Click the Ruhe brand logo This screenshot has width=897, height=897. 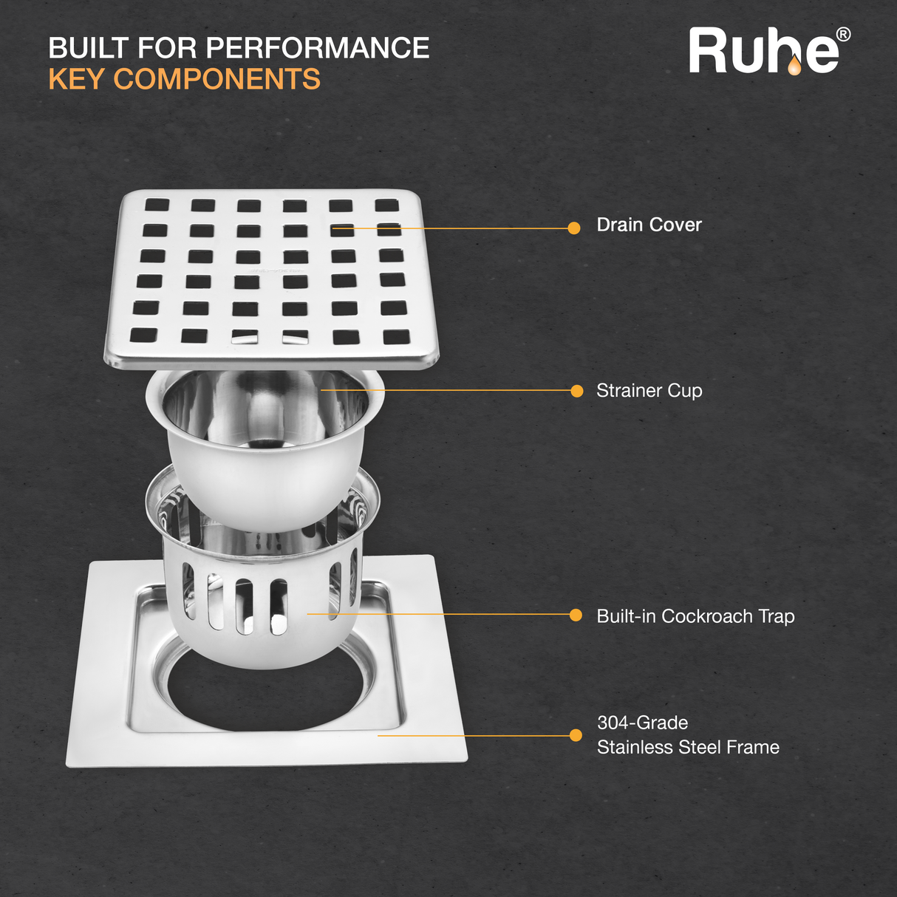[x=769, y=50]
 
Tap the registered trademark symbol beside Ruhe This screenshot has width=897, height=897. [x=844, y=35]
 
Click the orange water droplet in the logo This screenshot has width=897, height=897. [x=794, y=66]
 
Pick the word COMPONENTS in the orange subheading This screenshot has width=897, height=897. [x=217, y=78]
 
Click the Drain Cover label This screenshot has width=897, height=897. [x=649, y=225]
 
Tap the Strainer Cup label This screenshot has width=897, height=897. [x=649, y=391]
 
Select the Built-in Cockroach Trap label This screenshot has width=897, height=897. [x=695, y=616]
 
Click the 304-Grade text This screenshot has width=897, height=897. [x=642, y=723]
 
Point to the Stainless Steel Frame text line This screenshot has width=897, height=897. [x=688, y=748]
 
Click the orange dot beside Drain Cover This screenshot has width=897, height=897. [x=574, y=228]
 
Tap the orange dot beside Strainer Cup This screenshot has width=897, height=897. [x=577, y=391]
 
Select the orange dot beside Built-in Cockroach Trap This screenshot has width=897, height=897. [x=576, y=615]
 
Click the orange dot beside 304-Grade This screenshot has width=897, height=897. [x=576, y=735]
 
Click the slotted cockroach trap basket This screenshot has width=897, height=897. [x=262, y=601]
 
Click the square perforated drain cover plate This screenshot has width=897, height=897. [x=271, y=279]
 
